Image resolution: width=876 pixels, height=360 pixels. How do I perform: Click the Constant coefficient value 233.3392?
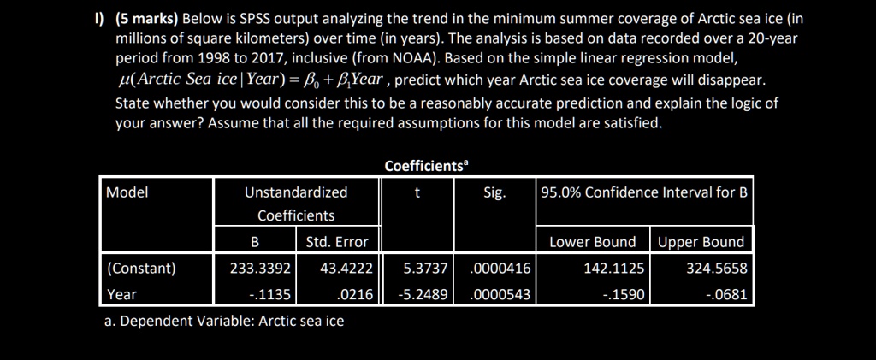[262, 269]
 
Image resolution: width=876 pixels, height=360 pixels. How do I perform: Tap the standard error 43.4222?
[346, 269]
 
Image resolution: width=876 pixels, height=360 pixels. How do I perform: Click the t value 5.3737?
[426, 269]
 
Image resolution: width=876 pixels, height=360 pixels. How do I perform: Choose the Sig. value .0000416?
[500, 269]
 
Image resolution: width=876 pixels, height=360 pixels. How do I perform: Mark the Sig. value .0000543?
[500, 294]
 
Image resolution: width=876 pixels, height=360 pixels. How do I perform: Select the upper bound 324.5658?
[717, 269]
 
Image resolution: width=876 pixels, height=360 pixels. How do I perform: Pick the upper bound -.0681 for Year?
[729, 294]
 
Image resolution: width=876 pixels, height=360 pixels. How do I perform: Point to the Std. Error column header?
[337, 242]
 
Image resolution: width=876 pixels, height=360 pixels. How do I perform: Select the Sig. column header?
[494, 192]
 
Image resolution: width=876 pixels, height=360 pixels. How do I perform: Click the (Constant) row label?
[141, 269]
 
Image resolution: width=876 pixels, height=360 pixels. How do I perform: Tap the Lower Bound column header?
[592, 242]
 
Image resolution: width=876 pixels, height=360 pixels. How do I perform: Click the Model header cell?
[127, 192]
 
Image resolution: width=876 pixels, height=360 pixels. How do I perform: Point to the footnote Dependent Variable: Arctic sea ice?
[223, 321]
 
